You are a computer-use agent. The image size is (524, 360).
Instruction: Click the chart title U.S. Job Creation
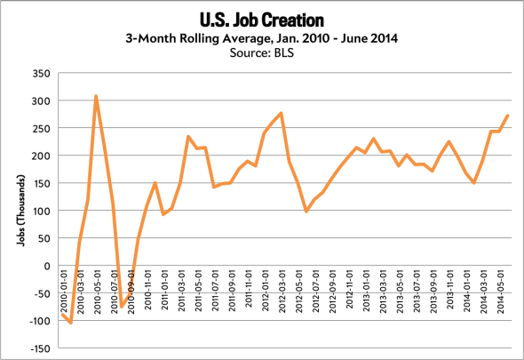click(x=261, y=17)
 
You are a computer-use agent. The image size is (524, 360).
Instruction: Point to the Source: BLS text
click(x=261, y=52)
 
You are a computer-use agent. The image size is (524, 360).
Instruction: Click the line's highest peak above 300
click(x=96, y=96)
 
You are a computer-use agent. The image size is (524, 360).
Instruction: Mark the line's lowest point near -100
click(x=70, y=323)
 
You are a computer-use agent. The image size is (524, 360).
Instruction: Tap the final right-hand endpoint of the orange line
click(x=508, y=115)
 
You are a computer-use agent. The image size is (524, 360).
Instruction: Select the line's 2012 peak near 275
click(x=281, y=113)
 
